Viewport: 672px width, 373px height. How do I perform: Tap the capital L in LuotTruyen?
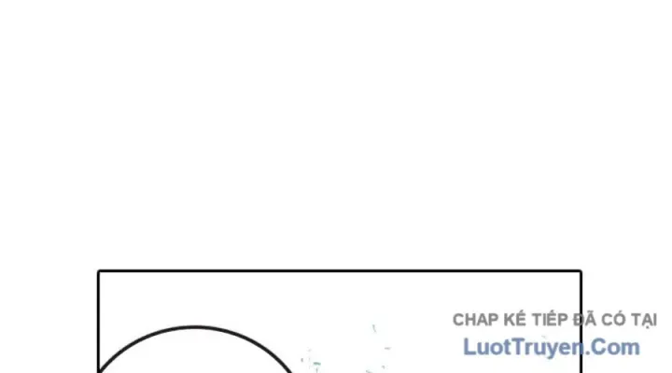point(469,347)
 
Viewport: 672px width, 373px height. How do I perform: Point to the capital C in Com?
point(600,347)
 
